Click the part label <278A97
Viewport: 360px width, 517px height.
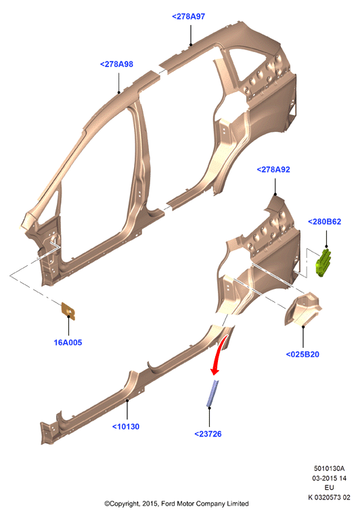click(x=189, y=16)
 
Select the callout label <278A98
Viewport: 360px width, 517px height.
click(x=116, y=64)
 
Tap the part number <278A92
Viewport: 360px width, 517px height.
click(x=273, y=170)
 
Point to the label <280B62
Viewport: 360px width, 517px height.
click(x=324, y=222)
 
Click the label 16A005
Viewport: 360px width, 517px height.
click(x=68, y=342)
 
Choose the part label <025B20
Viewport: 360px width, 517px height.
click(x=302, y=355)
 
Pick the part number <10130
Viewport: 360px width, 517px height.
click(x=126, y=426)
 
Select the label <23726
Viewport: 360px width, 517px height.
click(x=208, y=434)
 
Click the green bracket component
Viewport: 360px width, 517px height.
click(x=323, y=263)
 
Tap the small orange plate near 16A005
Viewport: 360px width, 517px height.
click(x=68, y=311)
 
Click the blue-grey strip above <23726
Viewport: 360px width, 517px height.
click(x=212, y=393)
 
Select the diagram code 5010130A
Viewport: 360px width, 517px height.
click(x=329, y=468)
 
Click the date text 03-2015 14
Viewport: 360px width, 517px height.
click(x=330, y=478)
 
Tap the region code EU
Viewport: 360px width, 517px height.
click(x=330, y=488)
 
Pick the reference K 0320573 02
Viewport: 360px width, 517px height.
click(x=329, y=497)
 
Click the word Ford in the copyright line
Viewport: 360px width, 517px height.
click(x=168, y=504)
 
